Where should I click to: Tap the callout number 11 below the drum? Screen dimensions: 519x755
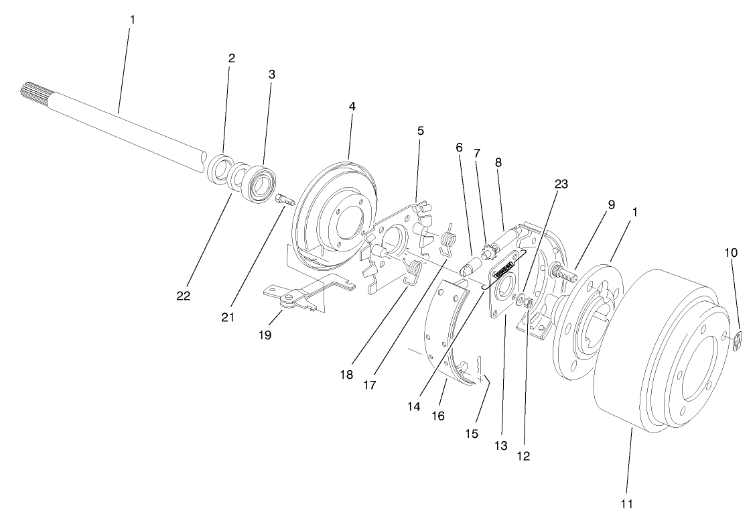pos(627,503)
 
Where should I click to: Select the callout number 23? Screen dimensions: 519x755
pos(561,184)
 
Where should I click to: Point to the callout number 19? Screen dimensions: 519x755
pos(265,335)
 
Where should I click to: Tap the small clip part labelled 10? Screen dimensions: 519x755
pos(738,342)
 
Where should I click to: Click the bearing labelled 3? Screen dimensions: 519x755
pos(259,182)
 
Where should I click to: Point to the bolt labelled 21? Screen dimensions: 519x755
pos(283,199)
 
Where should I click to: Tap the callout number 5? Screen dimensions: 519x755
pos(420,131)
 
